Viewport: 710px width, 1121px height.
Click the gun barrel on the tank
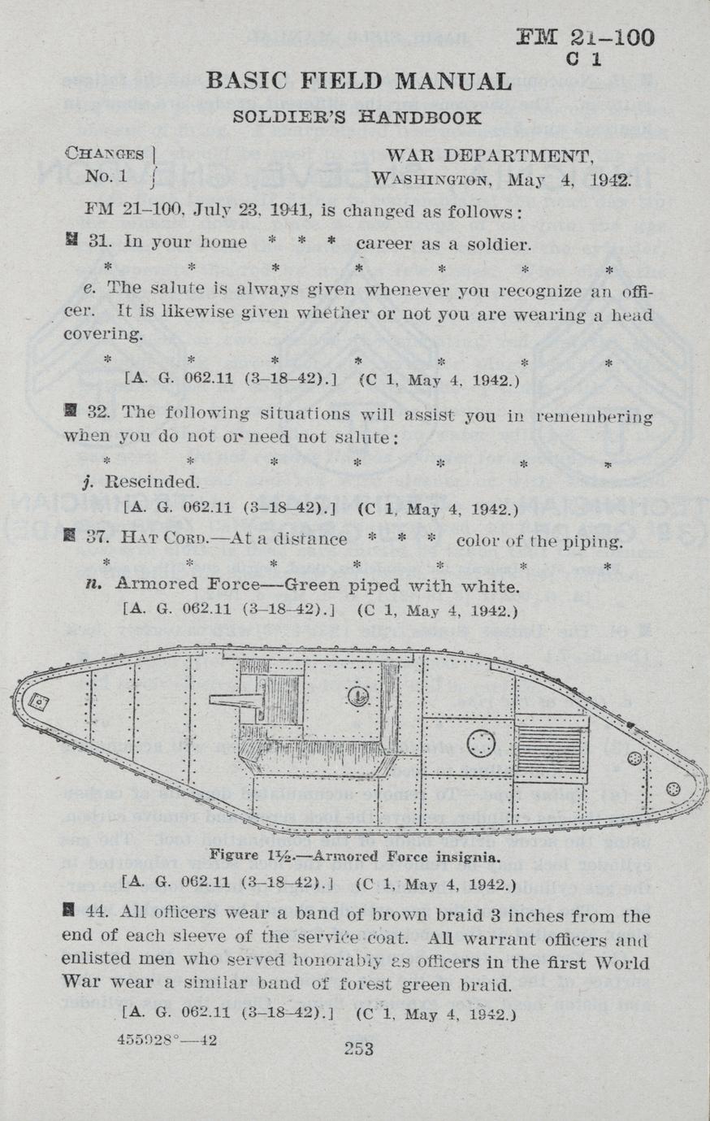(232, 699)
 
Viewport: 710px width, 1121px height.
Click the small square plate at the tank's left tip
(37, 702)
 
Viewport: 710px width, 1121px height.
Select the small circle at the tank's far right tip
(673, 789)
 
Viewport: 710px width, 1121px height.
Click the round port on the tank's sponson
(358, 696)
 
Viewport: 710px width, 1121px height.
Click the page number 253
(358, 1049)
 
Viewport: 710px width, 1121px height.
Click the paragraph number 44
(97, 915)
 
